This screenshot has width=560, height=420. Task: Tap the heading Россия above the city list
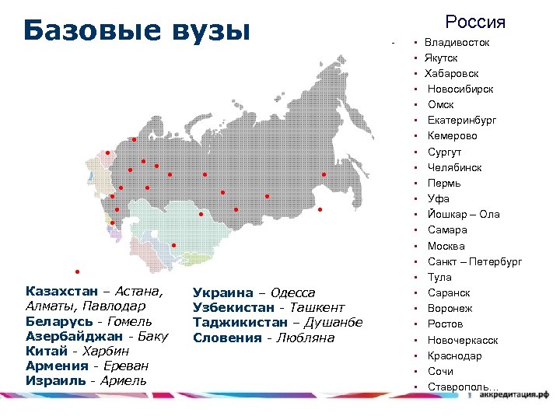(474, 22)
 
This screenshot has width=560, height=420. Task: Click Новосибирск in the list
(460, 89)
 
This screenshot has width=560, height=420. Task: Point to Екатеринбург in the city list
(462, 120)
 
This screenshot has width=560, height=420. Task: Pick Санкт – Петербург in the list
(474, 261)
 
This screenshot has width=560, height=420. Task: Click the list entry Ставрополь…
(464, 387)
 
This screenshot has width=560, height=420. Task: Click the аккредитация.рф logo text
(513, 395)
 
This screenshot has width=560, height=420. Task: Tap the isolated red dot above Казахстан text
(77, 271)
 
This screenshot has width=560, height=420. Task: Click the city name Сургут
(444, 152)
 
